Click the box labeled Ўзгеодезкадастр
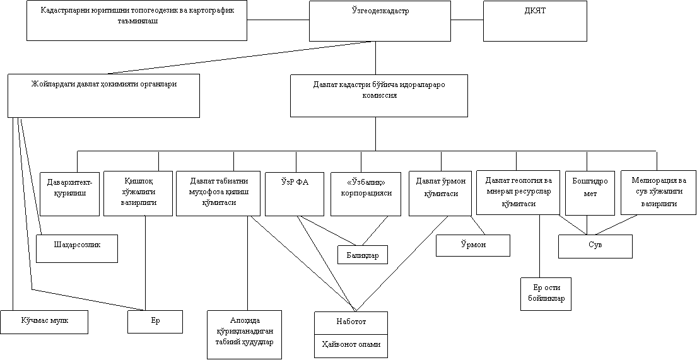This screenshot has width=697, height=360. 380,21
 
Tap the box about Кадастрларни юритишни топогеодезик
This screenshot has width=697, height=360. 136,20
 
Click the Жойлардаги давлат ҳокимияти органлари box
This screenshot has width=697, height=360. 103,95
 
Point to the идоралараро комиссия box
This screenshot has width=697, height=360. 378,95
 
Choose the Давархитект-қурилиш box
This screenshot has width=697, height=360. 69,194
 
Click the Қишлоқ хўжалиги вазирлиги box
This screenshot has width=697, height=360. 138,194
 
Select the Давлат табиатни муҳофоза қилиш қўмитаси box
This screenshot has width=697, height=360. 218,194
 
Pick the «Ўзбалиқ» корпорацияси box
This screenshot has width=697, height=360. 366,194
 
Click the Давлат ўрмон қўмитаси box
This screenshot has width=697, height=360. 440,194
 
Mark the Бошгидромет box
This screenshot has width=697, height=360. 590,193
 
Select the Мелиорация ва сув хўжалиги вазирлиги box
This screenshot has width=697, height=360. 659,192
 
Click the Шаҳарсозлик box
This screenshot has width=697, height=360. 77,248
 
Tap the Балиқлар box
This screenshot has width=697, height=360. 363,255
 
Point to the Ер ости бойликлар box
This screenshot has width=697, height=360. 546,294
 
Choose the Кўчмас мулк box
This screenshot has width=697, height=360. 44,322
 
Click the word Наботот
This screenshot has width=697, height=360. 351,322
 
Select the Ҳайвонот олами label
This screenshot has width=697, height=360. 351,345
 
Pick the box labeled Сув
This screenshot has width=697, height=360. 595,246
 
